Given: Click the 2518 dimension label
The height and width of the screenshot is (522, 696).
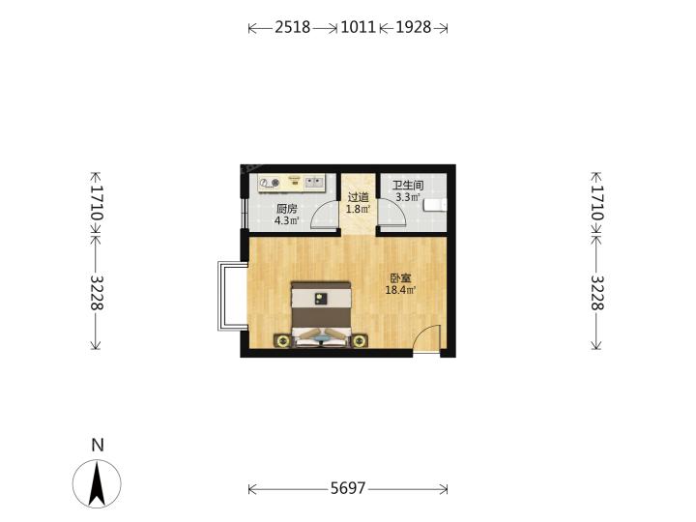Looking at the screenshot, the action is (293, 27).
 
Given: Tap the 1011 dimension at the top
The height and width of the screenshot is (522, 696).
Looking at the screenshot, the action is (359, 27).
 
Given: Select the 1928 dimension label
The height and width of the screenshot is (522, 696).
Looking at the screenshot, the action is (414, 27).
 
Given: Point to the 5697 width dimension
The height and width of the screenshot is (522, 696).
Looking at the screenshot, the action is (348, 489).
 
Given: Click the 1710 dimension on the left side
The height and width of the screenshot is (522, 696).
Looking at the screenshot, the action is (97, 203).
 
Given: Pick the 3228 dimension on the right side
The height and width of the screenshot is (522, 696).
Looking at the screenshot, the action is (597, 293).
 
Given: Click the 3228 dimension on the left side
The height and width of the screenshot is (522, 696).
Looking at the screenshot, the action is (97, 293).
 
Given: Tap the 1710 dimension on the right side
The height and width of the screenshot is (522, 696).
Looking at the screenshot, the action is (597, 203).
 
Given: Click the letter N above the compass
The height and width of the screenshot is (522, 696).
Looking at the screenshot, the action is (98, 446).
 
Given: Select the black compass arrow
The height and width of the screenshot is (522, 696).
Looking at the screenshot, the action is (97, 484).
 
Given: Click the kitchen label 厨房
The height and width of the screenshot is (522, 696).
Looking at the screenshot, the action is (286, 209).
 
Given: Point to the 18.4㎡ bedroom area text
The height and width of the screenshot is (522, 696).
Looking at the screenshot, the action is (400, 291).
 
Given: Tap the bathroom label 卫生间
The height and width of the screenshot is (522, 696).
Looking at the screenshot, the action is (408, 186).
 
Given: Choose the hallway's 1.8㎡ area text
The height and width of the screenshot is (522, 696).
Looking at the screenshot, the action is (358, 209).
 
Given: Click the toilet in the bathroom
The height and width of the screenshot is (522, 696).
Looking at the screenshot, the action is (435, 205).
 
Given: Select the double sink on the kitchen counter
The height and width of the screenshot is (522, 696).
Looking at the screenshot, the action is (314, 182).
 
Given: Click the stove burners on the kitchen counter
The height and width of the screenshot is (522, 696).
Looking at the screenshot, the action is (270, 183).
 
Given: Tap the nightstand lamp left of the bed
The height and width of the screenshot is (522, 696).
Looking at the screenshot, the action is (282, 341).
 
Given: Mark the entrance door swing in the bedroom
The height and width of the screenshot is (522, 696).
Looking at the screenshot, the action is (426, 339).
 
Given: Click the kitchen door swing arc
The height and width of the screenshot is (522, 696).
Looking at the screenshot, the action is (323, 215).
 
